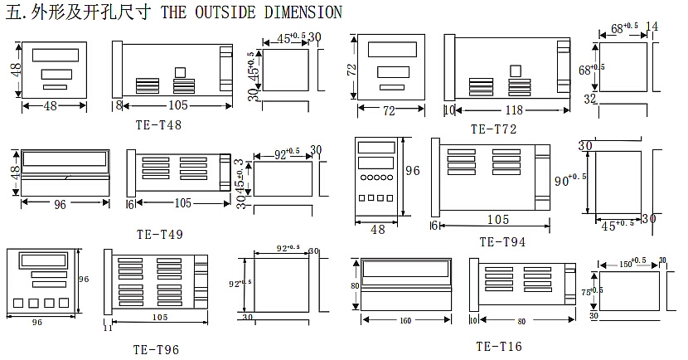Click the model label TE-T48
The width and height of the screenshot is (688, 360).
[x=158, y=125]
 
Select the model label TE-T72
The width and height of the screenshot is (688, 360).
[x=493, y=129]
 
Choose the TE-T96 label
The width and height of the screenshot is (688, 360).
[x=156, y=349]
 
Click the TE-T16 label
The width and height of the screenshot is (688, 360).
[x=499, y=346]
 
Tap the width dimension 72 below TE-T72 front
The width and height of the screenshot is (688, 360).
[x=389, y=109]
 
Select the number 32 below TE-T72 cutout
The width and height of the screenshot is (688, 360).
[x=590, y=100]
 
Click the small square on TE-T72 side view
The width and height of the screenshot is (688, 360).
[x=516, y=71]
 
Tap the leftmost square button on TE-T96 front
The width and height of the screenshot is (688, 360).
[x=19, y=302]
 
